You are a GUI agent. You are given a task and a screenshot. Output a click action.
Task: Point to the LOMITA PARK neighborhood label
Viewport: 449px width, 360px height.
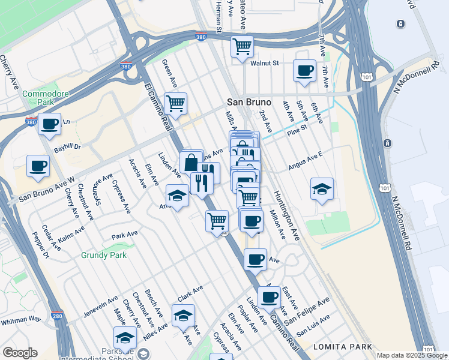pos(342,347)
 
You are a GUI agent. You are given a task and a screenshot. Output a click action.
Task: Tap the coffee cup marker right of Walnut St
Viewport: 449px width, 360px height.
pos(304,70)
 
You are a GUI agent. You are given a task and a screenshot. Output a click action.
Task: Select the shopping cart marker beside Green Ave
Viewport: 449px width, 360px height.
pos(175,103)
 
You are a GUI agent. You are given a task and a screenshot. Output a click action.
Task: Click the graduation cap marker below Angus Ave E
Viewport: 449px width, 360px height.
pos(322,189)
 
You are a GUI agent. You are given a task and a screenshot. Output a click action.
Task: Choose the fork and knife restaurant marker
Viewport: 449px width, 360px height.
pos(202,182)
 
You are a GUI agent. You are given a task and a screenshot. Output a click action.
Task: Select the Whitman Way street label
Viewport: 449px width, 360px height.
pos(20,321)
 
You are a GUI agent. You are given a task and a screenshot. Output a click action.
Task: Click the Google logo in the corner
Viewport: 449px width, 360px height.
pos(20,353)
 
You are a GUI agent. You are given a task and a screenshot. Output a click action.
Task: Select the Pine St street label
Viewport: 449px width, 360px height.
pos(297,128)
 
